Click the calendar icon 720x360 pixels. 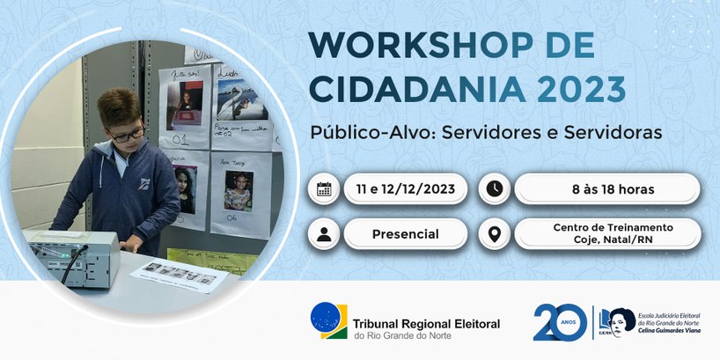324,189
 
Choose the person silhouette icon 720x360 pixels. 324,234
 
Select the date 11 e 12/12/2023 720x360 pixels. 406,189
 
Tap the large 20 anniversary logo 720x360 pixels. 559,322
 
